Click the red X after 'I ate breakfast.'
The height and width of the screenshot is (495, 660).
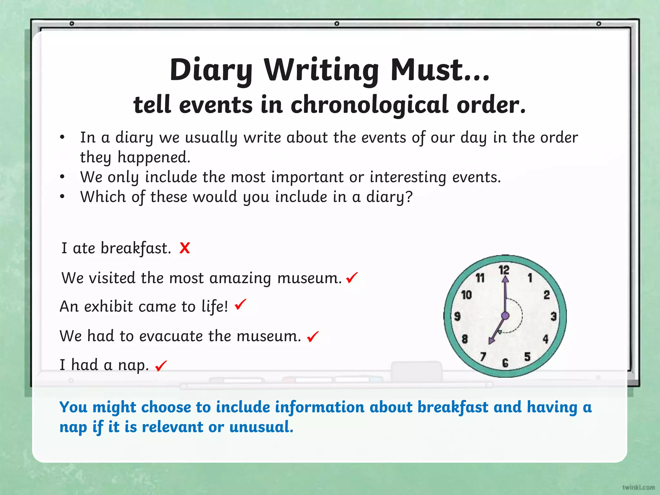point(185,248)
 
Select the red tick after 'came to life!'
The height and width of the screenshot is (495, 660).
point(240,304)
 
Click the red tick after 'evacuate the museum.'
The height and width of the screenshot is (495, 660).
point(313,336)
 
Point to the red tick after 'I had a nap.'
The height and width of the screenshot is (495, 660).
point(161,366)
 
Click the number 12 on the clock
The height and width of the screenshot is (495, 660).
point(504,270)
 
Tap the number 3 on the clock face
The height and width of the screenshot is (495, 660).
point(554,316)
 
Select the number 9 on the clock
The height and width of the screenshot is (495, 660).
point(457,316)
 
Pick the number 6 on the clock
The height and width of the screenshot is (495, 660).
point(505,363)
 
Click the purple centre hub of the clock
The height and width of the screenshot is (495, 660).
point(505,316)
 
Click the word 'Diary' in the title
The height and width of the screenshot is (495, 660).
point(211,70)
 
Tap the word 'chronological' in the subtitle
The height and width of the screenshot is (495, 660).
point(370,105)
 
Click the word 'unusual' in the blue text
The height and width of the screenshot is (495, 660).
point(261,427)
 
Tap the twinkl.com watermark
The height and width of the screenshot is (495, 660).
point(638,487)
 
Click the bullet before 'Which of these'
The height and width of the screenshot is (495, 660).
point(63,197)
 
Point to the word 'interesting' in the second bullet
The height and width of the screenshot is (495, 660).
point(408,177)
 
